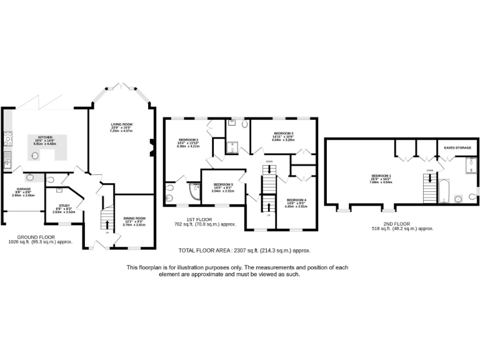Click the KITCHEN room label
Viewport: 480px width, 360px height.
point(44,137)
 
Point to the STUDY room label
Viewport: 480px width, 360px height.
point(64,205)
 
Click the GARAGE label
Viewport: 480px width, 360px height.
point(22,189)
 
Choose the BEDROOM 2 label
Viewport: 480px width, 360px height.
point(188,139)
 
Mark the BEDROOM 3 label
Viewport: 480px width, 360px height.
point(283,133)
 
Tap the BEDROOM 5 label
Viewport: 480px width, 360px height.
point(223,184)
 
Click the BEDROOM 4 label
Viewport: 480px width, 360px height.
point(296,199)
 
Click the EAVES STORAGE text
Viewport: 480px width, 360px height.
point(457,148)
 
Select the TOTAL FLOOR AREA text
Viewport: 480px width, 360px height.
point(244,251)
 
